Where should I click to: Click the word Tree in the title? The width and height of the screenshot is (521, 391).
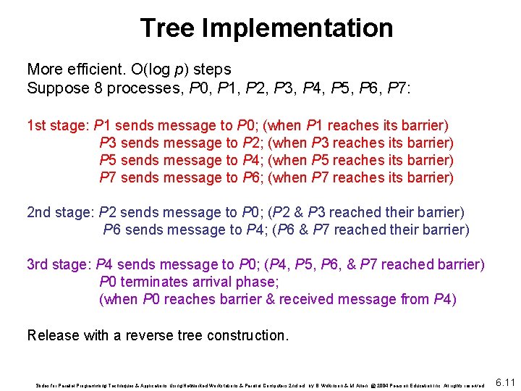coord(167,28)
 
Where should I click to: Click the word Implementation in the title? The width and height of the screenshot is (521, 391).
coord(297,28)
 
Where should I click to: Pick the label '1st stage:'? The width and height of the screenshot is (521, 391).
coord(58,125)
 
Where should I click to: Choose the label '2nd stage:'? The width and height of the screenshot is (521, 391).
coord(60,212)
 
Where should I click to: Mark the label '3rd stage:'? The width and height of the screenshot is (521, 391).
coord(59,264)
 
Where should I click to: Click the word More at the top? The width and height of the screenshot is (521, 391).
coord(43,70)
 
